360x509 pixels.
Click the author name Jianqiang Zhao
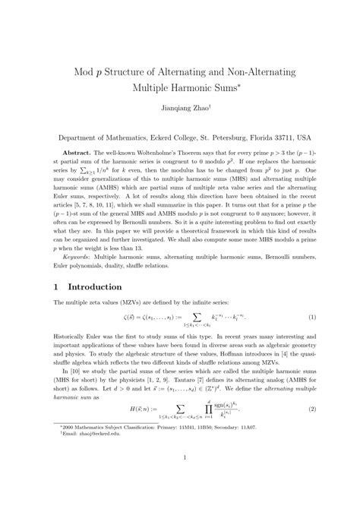179,109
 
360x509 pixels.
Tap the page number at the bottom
180,478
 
